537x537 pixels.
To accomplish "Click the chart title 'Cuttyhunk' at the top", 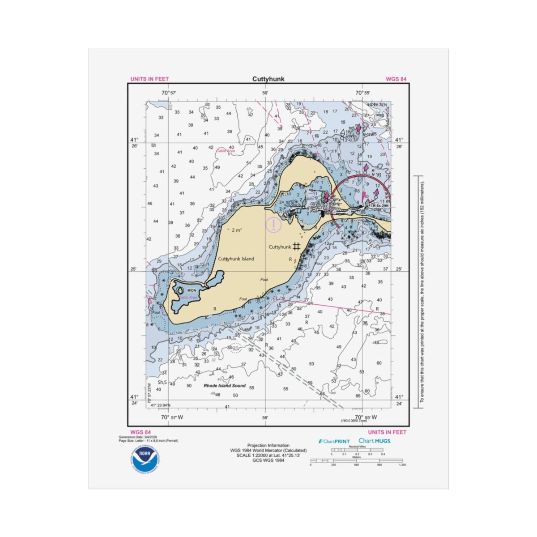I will click(268, 79).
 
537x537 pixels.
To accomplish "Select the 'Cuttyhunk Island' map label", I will click(236, 259).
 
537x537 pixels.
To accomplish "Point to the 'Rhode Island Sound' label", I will click(225, 386).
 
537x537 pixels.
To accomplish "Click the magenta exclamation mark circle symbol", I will click(273, 224).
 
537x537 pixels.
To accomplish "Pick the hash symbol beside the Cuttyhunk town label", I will click(296, 246).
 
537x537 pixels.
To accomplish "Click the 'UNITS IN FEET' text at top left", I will click(149, 79).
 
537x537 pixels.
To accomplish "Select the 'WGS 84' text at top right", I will click(396, 79).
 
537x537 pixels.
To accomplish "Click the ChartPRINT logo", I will click(334, 441).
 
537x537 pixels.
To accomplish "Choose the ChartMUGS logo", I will click(375, 441).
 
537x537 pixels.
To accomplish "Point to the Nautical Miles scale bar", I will click(357, 450).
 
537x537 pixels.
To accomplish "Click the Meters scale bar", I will click(356, 460).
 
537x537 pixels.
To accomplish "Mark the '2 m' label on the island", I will click(234, 230).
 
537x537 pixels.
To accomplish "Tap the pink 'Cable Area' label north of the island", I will click(226, 151).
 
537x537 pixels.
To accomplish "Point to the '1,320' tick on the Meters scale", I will click(402, 465).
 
